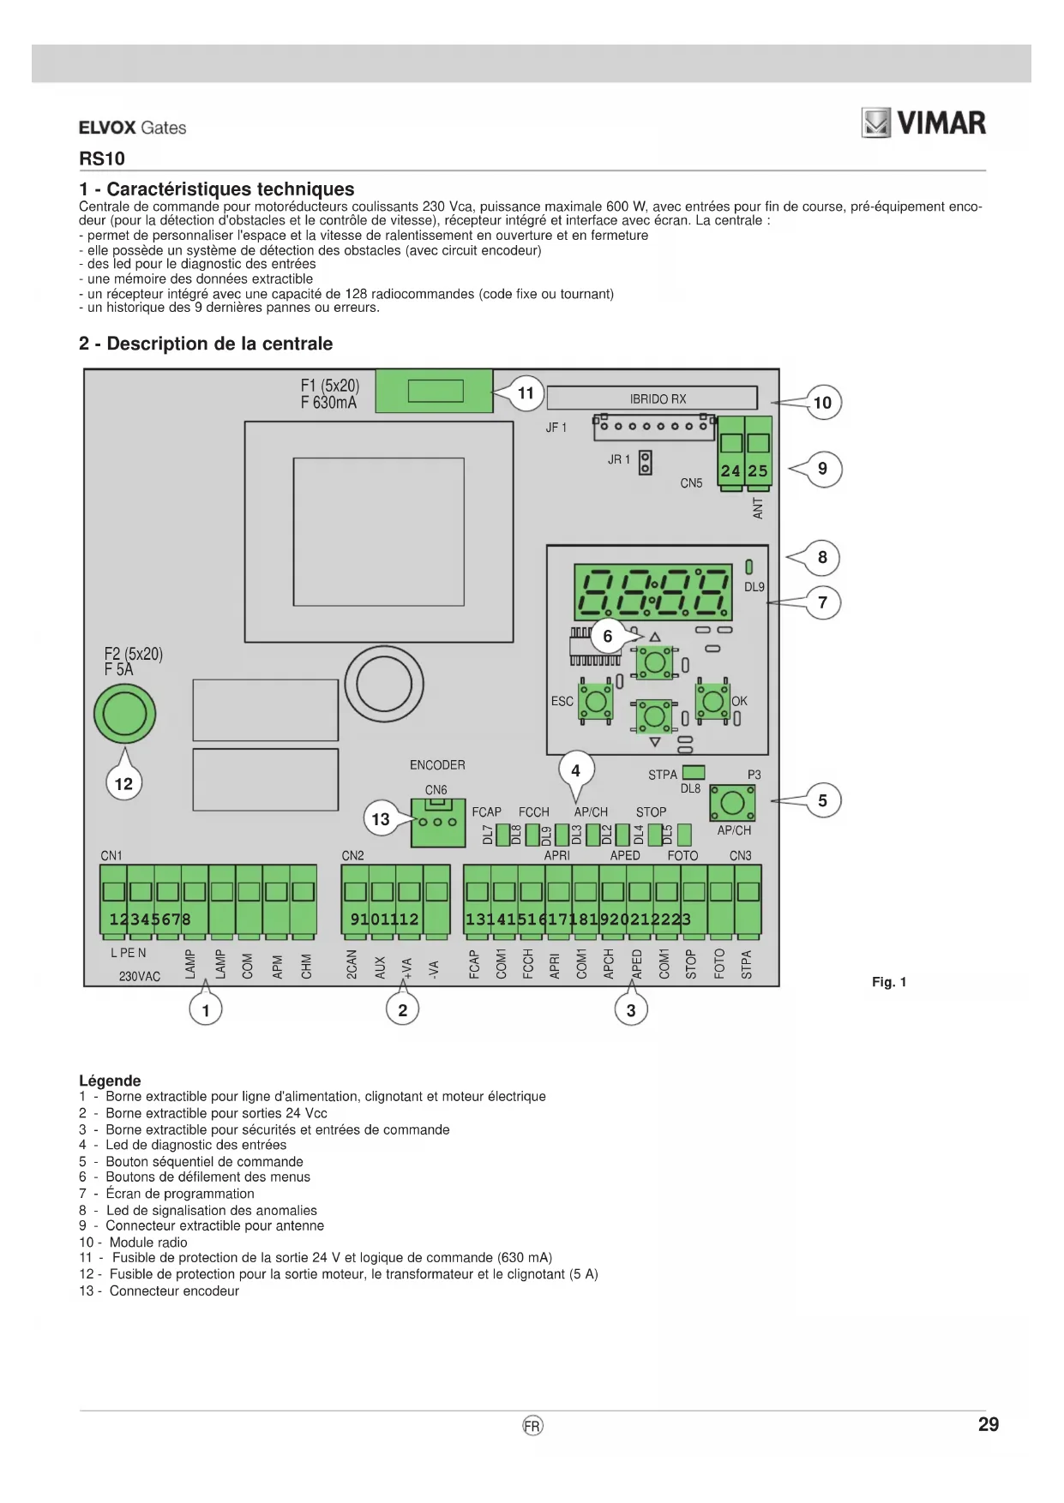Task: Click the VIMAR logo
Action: click(x=923, y=123)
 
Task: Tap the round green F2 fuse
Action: click(x=125, y=713)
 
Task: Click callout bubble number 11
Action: click(x=526, y=393)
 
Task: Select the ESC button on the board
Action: click(x=595, y=701)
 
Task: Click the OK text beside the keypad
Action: click(x=739, y=701)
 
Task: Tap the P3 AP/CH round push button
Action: click(x=732, y=803)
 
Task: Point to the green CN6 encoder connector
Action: click(x=438, y=822)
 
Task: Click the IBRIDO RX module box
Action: click(x=652, y=398)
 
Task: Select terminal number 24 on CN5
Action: click(x=730, y=453)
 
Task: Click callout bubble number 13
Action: click(x=381, y=819)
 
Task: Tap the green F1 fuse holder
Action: click(x=435, y=391)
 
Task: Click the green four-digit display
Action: click(x=653, y=591)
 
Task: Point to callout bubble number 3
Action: click(x=631, y=1010)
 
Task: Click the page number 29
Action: click(x=989, y=1424)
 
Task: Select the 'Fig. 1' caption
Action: click(x=889, y=982)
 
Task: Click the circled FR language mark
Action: click(x=532, y=1426)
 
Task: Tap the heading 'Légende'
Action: click(x=110, y=1081)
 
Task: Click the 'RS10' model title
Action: click(x=102, y=159)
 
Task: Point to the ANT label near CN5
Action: click(x=758, y=508)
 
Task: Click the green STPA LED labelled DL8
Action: click(x=693, y=773)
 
